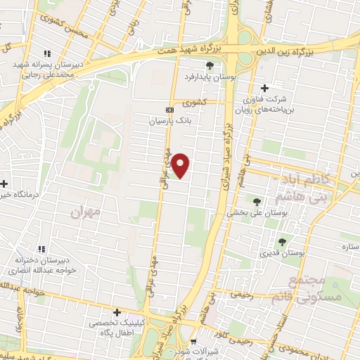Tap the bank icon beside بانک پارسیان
(169, 110)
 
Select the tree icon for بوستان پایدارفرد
(210, 65)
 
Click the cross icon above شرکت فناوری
(264, 89)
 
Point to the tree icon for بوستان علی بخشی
(256, 202)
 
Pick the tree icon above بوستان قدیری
(282, 242)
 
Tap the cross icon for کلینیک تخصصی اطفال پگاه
(117, 311)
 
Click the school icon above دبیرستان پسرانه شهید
(47, 53)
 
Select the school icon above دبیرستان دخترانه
(41, 249)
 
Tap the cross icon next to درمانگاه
(4, 184)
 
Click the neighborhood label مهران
(86, 210)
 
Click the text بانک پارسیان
(169, 122)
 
